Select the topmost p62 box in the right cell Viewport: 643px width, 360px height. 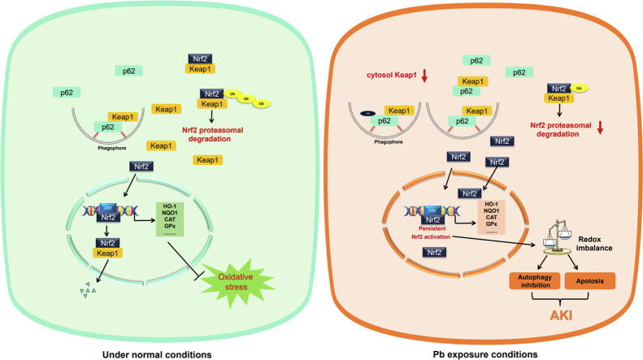click(x=476, y=60)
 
